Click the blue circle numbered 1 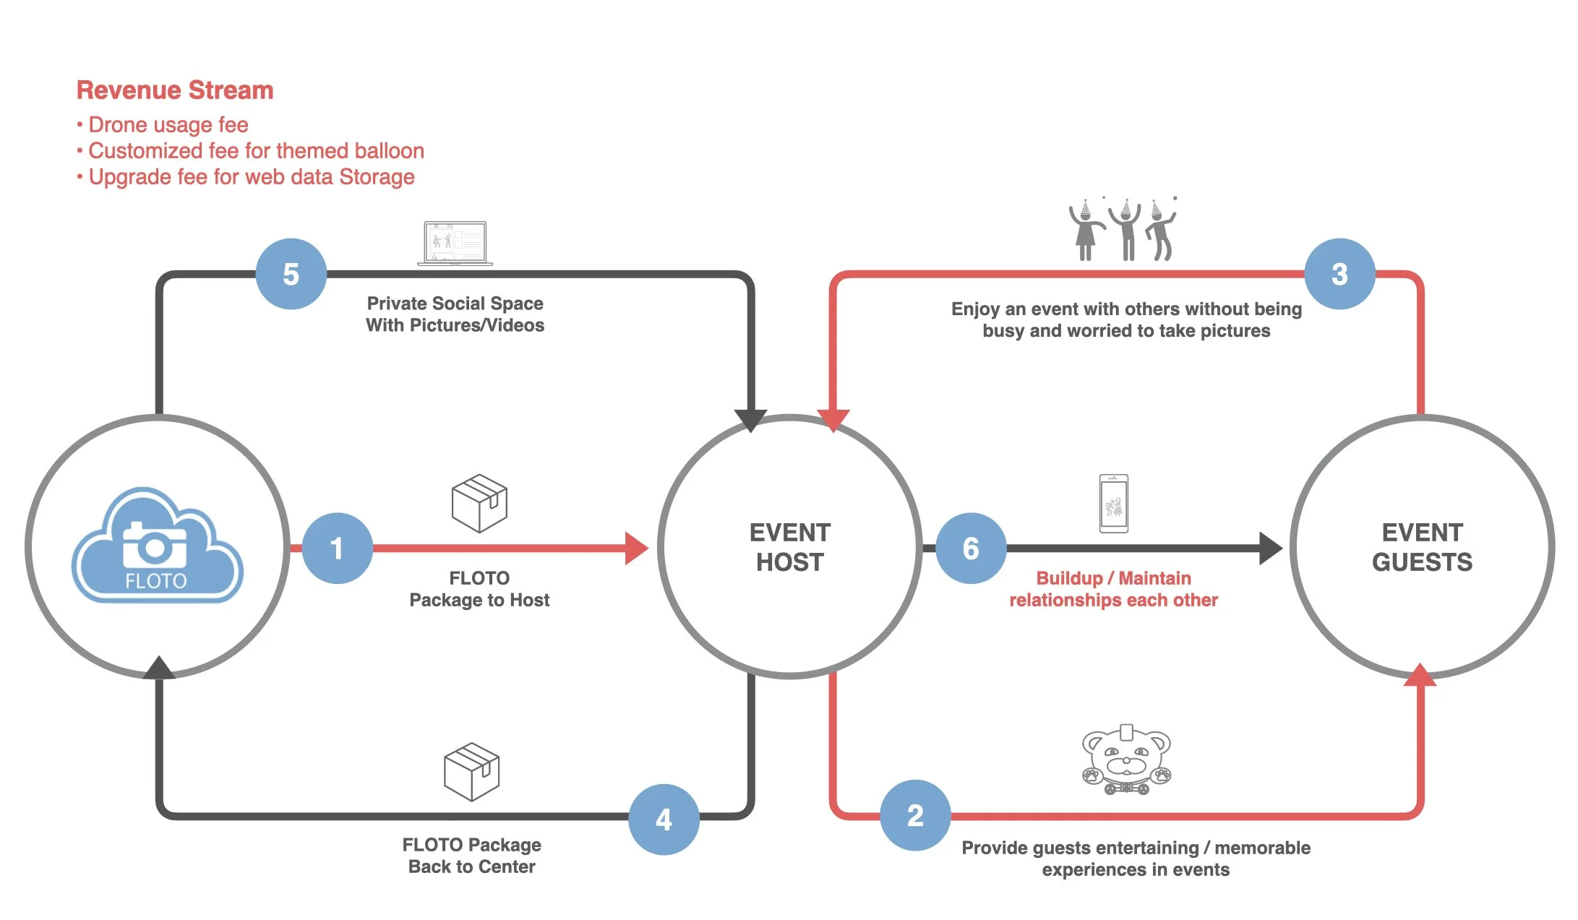[x=337, y=548]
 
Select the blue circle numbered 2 [x=915, y=815]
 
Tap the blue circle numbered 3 [x=1339, y=274]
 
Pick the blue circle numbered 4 [x=664, y=820]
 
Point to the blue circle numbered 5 [x=291, y=274]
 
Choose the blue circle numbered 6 [x=971, y=548]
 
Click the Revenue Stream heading [x=175, y=90]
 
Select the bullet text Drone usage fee [x=168, y=125]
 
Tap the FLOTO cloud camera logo [x=157, y=546]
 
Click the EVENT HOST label [x=789, y=547]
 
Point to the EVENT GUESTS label [x=1422, y=547]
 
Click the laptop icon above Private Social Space [x=455, y=243]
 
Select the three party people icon [x=1123, y=230]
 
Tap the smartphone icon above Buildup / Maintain [x=1113, y=504]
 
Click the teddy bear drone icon [x=1126, y=760]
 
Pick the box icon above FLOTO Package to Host [x=479, y=503]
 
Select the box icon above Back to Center [x=471, y=771]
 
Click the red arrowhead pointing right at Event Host [x=635, y=548]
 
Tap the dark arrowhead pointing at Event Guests [x=1269, y=548]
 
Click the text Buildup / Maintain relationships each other [x=1113, y=589]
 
